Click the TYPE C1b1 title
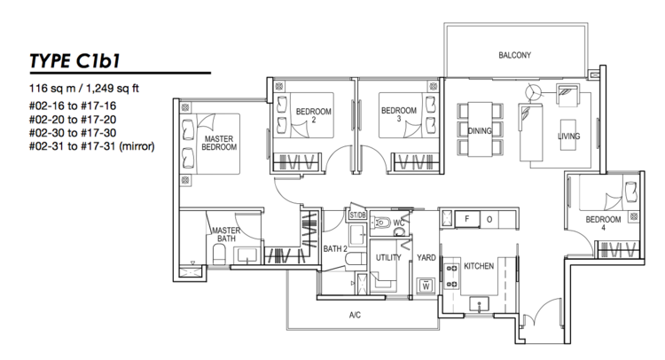point(74,60)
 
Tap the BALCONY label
point(514,55)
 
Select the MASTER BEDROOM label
point(219,143)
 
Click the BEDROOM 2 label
point(313,115)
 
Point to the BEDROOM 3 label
point(399,114)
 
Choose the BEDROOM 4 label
point(603,223)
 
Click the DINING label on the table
point(480,131)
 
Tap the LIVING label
point(568,137)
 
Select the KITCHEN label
point(479,266)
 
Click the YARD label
point(426,257)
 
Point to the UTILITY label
point(388,257)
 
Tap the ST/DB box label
point(357,215)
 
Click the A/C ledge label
point(355,315)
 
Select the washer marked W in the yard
point(426,286)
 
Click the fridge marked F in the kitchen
point(467,219)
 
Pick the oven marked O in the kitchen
point(489,219)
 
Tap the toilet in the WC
point(380,223)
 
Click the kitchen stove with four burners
point(451,276)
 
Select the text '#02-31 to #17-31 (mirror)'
point(91,146)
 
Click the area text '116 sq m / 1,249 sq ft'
point(84,89)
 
